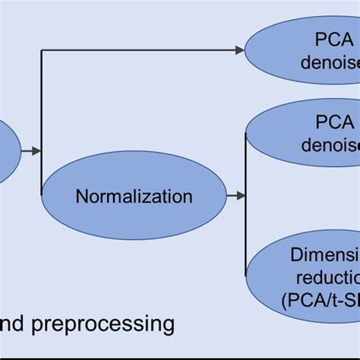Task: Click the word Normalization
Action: coord(134,197)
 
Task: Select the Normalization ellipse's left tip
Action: coord(43,197)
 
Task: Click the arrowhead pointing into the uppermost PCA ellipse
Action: coord(239,50)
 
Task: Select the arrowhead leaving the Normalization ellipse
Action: coord(240,196)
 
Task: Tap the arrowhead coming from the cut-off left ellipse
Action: coord(36,151)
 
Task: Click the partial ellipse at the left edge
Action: coord(8,151)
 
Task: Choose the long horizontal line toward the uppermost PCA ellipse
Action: coord(137,50)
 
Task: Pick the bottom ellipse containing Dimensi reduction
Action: coord(304,277)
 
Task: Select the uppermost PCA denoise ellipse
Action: coord(304,50)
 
